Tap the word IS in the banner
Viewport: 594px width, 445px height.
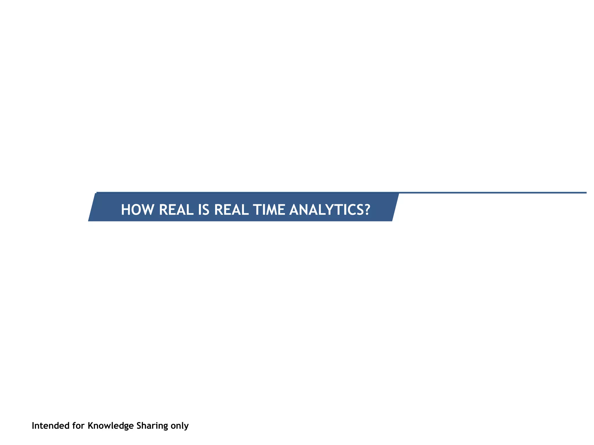(203, 210)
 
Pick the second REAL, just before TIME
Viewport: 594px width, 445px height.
(231, 210)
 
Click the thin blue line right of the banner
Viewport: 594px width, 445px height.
(493, 193)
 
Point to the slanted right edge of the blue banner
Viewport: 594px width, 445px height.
(395, 207)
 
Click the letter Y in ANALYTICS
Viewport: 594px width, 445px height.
(328, 210)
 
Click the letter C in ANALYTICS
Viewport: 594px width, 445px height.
(350, 210)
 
